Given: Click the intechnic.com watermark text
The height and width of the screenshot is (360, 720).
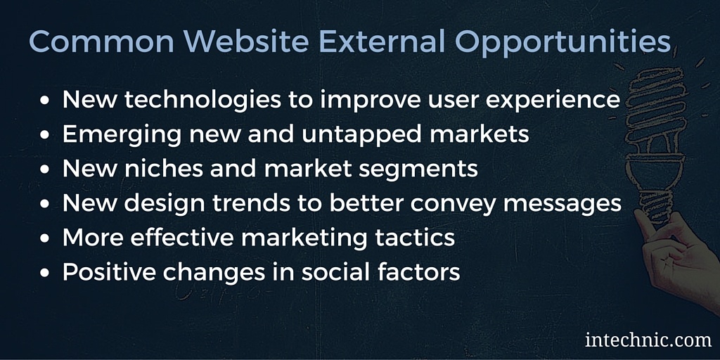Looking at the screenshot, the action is click(648, 340).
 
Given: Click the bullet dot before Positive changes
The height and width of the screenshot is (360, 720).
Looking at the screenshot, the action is click(44, 273).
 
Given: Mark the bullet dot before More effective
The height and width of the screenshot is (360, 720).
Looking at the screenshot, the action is click(44, 239).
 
